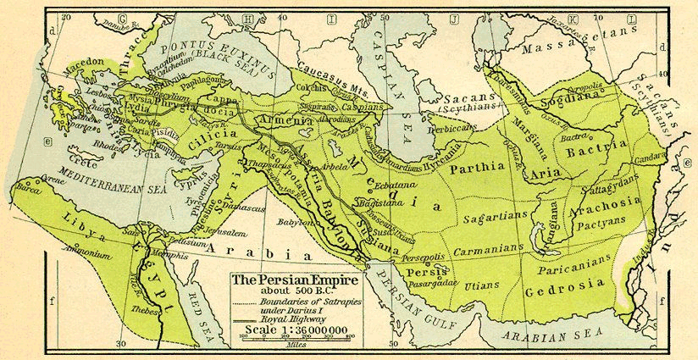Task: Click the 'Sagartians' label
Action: [x=491, y=218]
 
